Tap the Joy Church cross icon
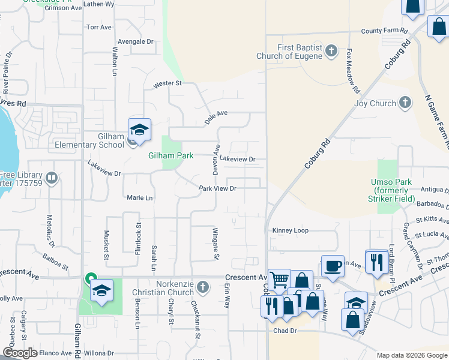point(405,103)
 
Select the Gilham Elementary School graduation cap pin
point(139,130)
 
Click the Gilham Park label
point(171,155)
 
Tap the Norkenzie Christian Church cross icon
point(202,286)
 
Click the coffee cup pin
point(333,265)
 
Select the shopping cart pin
point(279,279)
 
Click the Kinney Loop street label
point(290,230)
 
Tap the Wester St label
point(167,84)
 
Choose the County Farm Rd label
point(384,31)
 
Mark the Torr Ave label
point(99,28)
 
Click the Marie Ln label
point(140,197)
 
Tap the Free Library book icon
point(52,178)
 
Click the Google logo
point(20,353)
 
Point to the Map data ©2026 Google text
point(411,355)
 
